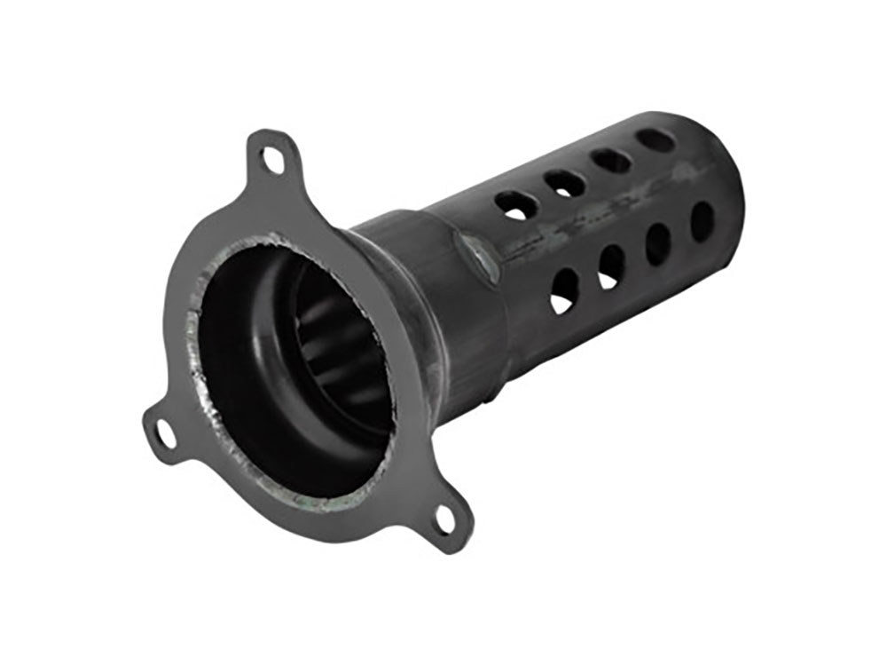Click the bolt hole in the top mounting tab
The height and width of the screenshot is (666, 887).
(x=271, y=159)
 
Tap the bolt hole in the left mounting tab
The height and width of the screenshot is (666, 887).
(x=165, y=434)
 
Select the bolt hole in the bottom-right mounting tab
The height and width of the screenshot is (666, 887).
(x=445, y=521)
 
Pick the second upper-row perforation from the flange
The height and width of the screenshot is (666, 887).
(x=565, y=184)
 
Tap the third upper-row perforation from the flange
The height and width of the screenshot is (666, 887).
(x=611, y=161)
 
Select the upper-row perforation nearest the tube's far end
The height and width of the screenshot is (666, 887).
(x=655, y=140)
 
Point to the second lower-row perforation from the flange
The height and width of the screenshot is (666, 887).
(x=612, y=265)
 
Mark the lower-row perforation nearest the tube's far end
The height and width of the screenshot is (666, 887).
(x=702, y=221)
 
